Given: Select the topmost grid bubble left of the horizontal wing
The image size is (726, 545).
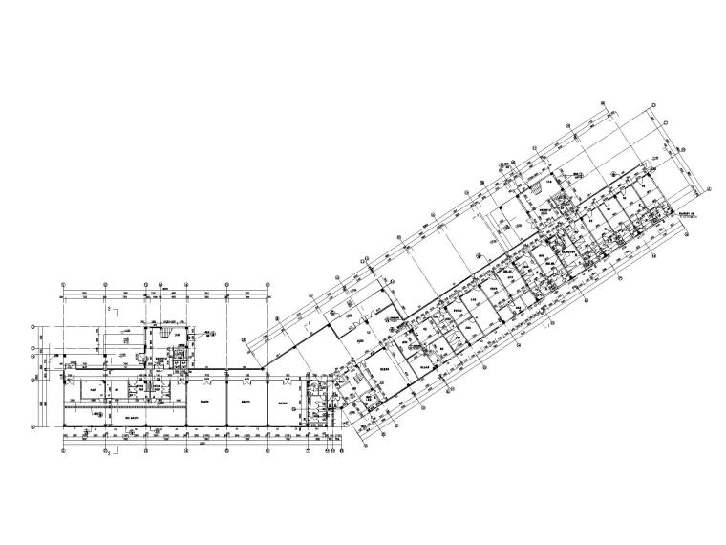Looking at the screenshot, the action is point(35,324).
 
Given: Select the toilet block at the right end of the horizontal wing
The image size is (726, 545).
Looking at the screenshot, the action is point(316,401).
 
